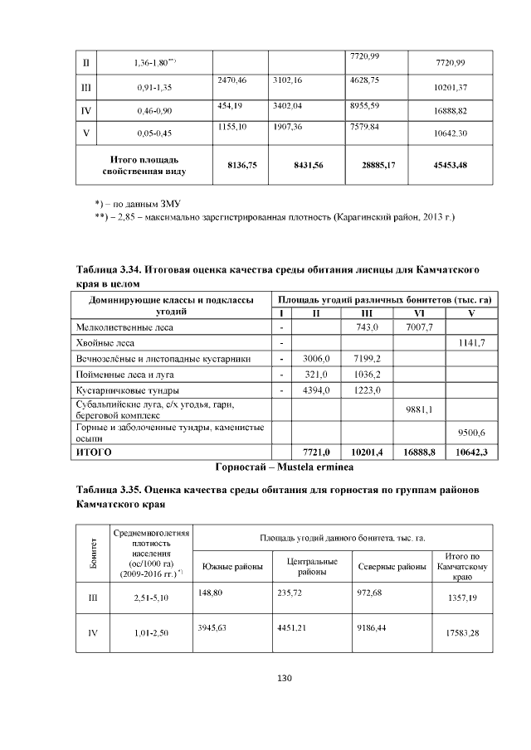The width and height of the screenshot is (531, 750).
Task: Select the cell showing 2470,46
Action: (x=232, y=80)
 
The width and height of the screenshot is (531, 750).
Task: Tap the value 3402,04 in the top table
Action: (x=288, y=105)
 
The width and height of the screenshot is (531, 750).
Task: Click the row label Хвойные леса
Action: (x=105, y=342)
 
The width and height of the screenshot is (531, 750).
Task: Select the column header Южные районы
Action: (x=232, y=567)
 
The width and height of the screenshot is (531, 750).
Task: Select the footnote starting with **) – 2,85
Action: (x=275, y=216)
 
